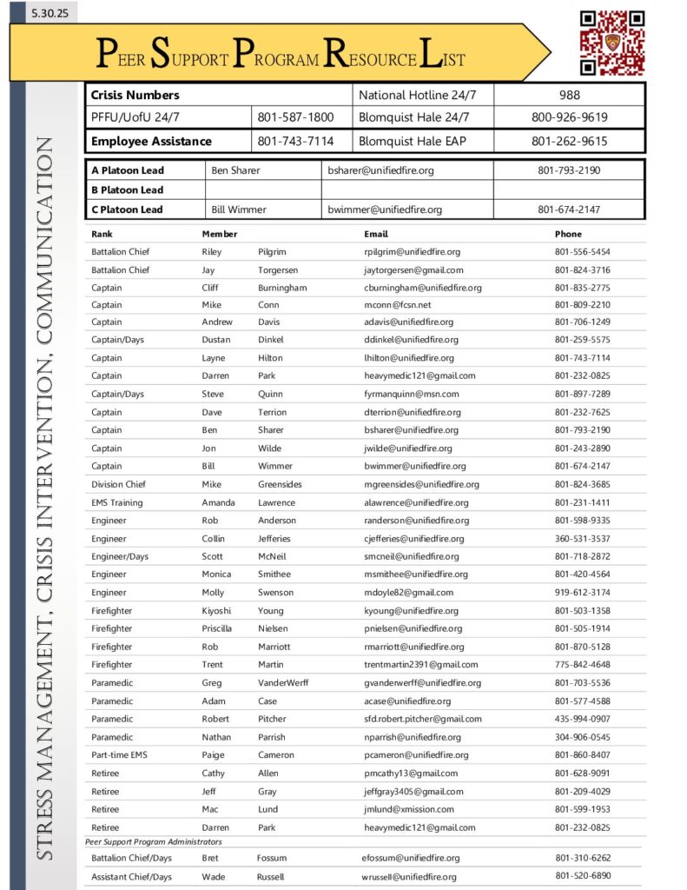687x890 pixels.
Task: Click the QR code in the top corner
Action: pos(611,43)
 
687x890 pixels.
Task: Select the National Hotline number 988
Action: pos(570,95)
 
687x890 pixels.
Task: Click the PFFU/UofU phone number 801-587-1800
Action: pos(295,117)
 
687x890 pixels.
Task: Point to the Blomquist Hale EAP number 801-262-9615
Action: pos(570,141)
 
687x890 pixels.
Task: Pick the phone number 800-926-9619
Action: pos(570,117)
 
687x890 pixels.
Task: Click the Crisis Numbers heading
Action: pos(135,95)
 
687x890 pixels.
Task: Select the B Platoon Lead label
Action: pos(127,189)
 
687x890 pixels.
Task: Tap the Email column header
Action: pos(376,234)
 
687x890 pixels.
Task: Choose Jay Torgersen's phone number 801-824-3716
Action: pos(582,270)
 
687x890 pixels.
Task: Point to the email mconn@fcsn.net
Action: pos(398,305)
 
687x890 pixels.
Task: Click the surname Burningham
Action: pos(282,288)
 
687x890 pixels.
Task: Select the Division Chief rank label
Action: pos(119,484)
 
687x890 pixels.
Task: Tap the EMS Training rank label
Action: pos(117,502)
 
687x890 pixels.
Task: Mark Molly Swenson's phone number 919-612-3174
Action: pos(582,592)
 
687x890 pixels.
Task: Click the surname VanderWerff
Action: pos(283,682)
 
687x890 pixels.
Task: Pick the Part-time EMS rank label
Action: pos(120,754)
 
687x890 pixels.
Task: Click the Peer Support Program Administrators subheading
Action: pos(154,841)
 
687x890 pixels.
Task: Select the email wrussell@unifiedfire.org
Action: pos(409,876)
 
